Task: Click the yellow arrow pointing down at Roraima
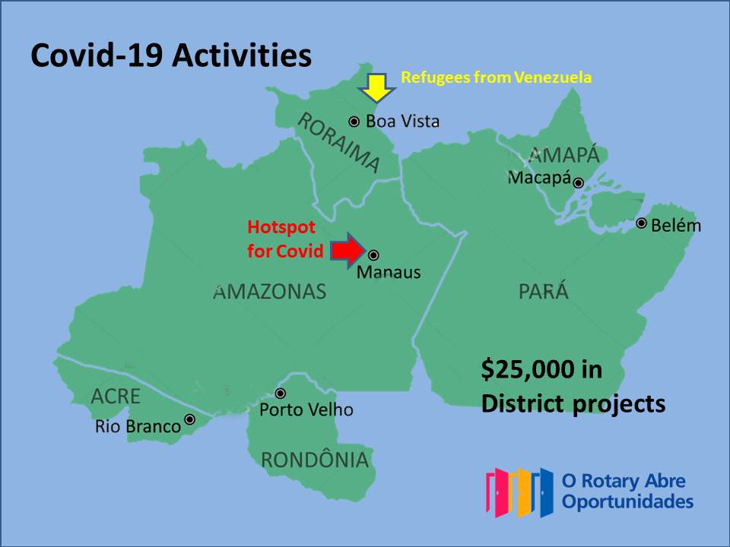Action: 376,87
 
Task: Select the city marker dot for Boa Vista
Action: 354,122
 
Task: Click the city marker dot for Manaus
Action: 373,255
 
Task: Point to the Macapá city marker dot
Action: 579,182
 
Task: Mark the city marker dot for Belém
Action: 642,223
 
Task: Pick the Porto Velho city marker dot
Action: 281,394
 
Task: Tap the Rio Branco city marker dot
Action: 190,419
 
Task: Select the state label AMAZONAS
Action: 270,292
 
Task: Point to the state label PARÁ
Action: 543,292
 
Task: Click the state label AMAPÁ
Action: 563,155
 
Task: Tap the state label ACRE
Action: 116,396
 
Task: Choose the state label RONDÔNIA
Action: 314,460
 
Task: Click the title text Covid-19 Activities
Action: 171,56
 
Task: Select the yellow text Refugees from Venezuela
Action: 496,77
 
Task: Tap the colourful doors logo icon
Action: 519,492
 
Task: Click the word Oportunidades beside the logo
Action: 627,501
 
